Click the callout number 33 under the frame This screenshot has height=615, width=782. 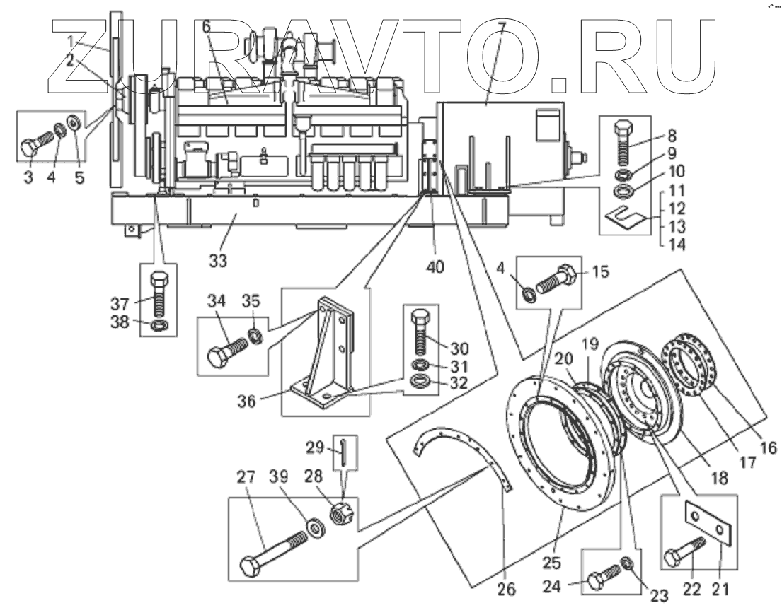[x=218, y=261]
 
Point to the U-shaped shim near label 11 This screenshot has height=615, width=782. [x=627, y=211]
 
